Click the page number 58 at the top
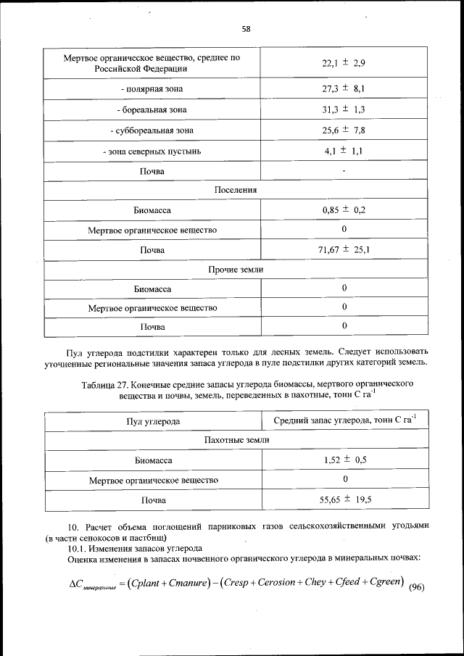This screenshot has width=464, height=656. coord(246,29)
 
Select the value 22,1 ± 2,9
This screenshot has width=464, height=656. coord(344,63)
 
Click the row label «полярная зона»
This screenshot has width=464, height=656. coord(152,89)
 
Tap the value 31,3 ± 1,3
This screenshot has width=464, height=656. coord(344,109)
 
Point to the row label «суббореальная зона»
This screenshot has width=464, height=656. coord(152,130)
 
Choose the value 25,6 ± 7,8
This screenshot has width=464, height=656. coord(344,130)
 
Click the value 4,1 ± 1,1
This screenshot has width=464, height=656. coord(344,151)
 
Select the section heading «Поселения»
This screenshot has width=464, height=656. coord(236,189)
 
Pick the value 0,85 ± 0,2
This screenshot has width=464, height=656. coord(344,209)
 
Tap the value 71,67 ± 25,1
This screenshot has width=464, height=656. coord(344,250)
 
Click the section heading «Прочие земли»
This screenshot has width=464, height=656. coord(236,269)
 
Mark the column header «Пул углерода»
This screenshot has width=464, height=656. coord(153,421)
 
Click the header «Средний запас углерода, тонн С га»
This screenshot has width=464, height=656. coord(344,420)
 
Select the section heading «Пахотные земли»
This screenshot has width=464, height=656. coord(236,440)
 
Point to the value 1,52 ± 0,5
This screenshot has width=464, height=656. coord(344,460)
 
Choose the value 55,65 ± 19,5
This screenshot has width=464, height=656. coord(344,499)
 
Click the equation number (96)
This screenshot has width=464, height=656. coord(415,587)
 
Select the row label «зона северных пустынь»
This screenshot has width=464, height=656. coord(152,151)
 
